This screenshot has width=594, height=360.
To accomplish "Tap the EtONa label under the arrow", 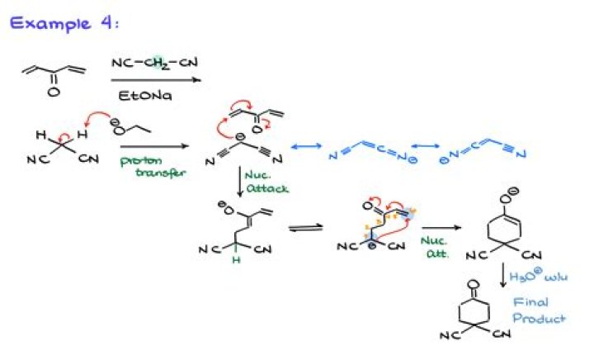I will pyautogui.click(x=145, y=96).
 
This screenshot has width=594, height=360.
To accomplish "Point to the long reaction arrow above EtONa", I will pyautogui.click(x=155, y=80).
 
